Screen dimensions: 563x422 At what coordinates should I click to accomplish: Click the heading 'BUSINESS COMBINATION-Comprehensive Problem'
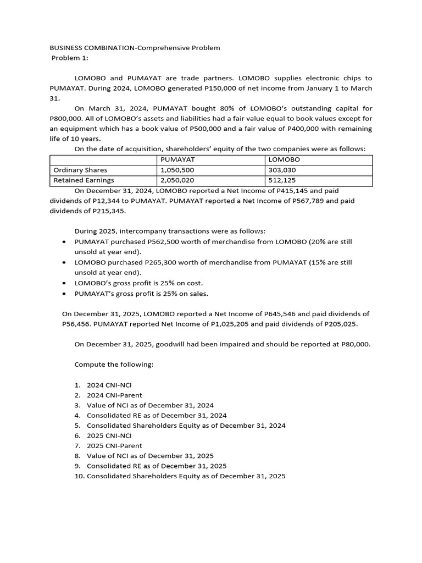pos(135,48)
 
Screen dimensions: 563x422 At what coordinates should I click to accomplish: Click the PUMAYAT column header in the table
pos(174,159)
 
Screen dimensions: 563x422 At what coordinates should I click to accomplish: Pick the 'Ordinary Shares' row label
pos(80,170)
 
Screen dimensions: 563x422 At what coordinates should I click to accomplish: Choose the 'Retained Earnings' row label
pos(84,180)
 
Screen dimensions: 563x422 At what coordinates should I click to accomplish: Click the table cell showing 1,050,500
pos(177,170)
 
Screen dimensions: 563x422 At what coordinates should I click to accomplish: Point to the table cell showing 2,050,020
pos(177,180)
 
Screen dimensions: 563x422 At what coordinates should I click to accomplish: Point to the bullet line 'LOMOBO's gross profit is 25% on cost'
pos(138,283)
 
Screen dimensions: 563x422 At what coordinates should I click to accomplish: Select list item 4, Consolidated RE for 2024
pos(157,415)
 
